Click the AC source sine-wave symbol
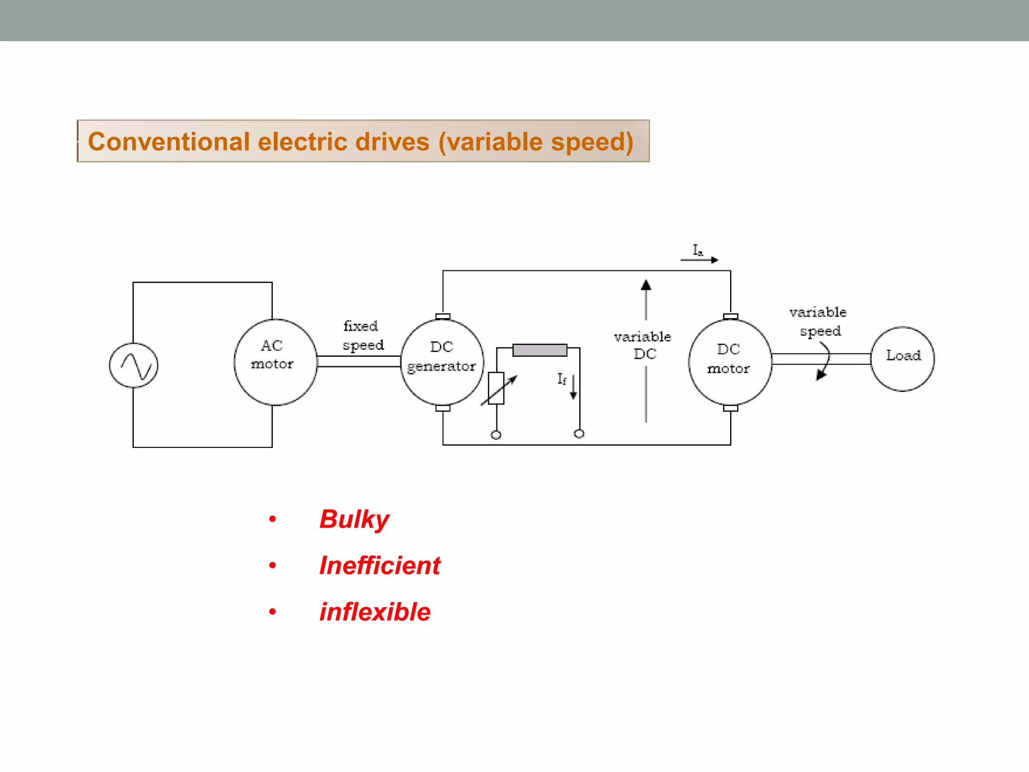134,365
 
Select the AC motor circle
275,361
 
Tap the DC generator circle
442,361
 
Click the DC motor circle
730,361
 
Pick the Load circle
902,358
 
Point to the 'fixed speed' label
363,336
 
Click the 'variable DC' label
643,345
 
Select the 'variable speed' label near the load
818,322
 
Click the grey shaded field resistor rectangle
540,350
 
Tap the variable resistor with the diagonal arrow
496,388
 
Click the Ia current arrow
699,259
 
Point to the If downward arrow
573,387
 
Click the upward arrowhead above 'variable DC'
646,286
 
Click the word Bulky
354,519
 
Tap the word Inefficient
380,565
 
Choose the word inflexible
375,612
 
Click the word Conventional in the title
169,142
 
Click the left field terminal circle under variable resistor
496,435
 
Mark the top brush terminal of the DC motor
731,316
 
